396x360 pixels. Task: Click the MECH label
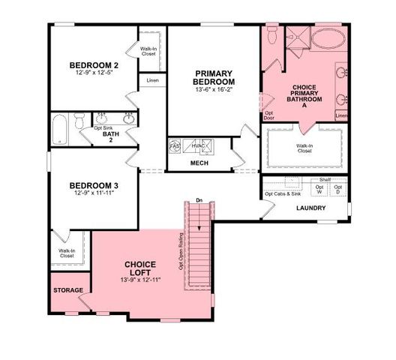pos(199,163)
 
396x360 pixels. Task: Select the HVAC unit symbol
pos(199,145)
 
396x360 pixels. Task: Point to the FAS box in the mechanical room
pos(174,145)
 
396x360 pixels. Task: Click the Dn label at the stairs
pos(198,200)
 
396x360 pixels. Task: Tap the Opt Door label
pos(268,116)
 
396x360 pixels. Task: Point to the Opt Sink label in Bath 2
pos(103,128)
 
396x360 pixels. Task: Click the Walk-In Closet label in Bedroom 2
pos(148,51)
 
